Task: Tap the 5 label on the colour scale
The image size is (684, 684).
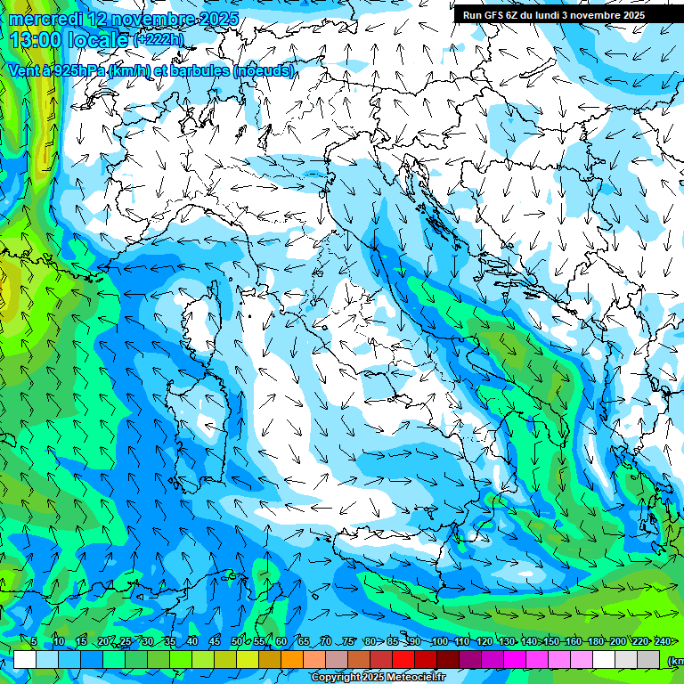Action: [x=34, y=641]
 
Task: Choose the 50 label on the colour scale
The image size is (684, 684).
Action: [x=236, y=641]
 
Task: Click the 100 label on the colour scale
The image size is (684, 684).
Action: [x=439, y=641]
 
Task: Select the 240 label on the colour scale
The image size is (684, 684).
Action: [x=662, y=641]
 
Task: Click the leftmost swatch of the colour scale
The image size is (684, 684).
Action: [x=25, y=659]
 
